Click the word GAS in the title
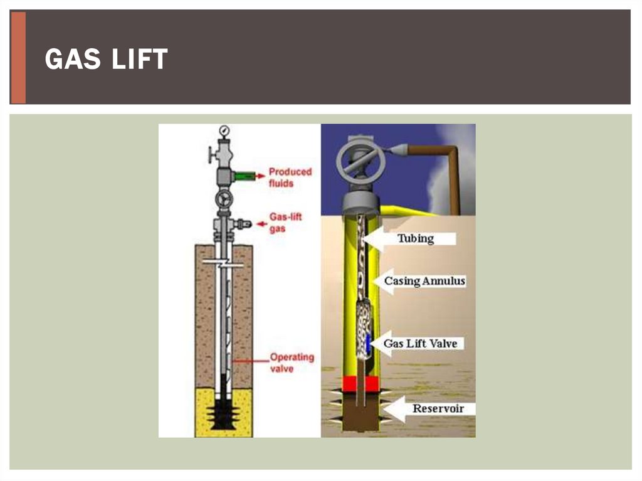73,59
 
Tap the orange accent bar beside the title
18,58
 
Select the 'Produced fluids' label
290,177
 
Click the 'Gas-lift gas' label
285,223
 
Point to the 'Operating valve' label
292,362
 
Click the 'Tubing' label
415,238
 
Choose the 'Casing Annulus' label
424,281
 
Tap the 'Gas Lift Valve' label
420,343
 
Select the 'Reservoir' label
438,408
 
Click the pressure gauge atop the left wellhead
224,130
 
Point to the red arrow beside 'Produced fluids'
260,176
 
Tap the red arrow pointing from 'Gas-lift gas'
261,224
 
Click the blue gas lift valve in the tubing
367,342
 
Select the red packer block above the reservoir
360,384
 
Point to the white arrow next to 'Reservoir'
394,409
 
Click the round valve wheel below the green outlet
224,200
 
